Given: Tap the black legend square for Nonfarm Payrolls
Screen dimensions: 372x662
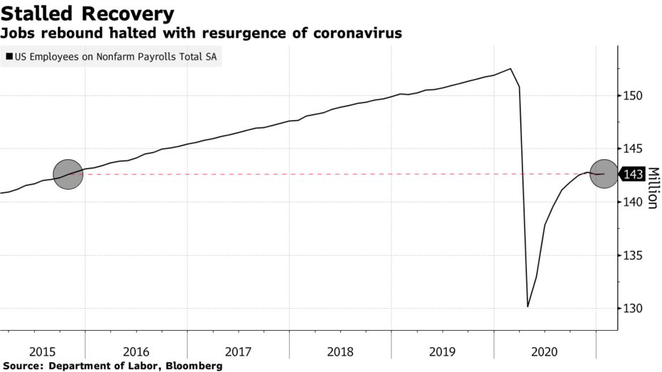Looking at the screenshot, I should (9, 56).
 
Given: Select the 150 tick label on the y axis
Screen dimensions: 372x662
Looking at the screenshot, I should (634, 96).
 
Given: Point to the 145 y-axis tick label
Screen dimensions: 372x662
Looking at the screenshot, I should (634, 149).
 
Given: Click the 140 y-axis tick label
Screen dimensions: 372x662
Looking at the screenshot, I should (634, 203).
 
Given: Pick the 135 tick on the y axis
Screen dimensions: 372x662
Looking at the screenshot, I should (634, 256).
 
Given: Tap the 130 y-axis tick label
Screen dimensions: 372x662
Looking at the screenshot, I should (634, 309).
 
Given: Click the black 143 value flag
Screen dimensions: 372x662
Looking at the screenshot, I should (633, 174).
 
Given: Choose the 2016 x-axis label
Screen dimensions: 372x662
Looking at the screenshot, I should (135, 351).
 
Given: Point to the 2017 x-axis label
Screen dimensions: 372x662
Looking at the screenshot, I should (238, 351).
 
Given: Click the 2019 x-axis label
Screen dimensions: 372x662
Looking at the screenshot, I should (442, 351).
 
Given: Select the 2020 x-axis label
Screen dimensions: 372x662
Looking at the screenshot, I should (545, 351).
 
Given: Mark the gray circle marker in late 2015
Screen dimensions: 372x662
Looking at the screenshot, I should (68, 174).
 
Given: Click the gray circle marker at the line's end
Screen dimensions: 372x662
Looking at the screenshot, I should (604, 174).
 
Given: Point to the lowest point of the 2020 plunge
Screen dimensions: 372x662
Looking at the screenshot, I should (527, 307).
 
